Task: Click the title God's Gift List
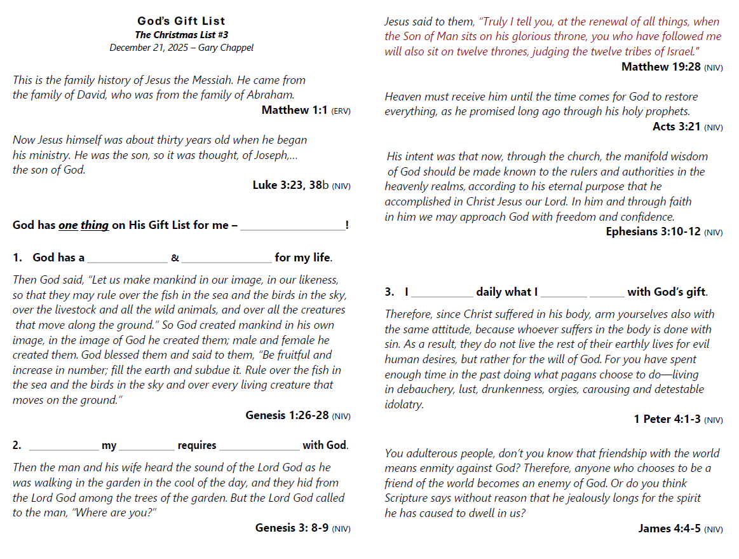tap(181, 22)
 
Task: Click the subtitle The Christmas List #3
tap(181, 35)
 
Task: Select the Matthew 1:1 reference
tap(294, 110)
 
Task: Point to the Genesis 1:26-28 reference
tap(287, 415)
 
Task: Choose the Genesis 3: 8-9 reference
tap(292, 528)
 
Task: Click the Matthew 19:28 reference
tap(660, 67)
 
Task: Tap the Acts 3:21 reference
tap(676, 127)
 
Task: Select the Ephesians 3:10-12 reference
tap(653, 231)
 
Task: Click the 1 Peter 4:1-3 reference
tap(667, 419)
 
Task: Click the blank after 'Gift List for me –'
tap(292, 226)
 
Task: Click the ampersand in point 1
tap(175, 258)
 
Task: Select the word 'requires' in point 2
tap(197, 446)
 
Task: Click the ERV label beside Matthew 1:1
tap(341, 111)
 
